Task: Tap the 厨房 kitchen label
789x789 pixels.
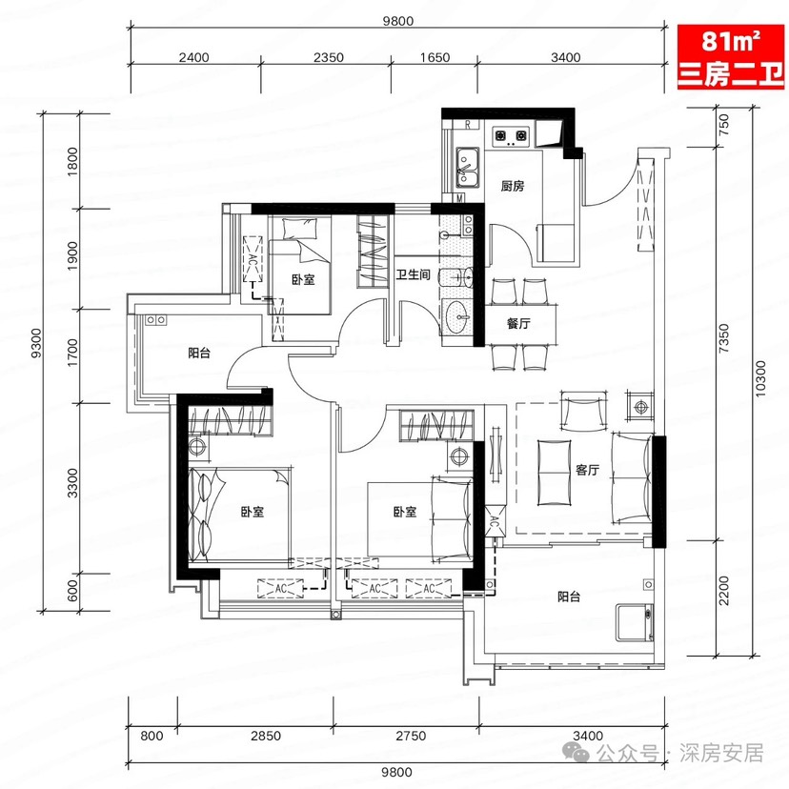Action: pyautogui.click(x=513, y=186)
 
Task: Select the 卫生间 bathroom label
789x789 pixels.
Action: pyautogui.click(x=414, y=274)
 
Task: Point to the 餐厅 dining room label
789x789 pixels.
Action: pyautogui.click(x=518, y=323)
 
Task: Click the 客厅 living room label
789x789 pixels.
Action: pyautogui.click(x=587, y=470)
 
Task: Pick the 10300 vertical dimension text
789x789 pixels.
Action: pyautogui.click(x=760, y=379)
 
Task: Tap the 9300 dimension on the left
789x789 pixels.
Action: pyautogui.click(x=36, y=343)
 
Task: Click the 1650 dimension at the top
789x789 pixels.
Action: pyautogui.click(x=435, y=57)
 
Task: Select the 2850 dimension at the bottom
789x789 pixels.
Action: pyautogui.click(x=266, y=736)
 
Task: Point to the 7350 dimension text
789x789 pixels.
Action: pyautogui.click(x=723, y=337)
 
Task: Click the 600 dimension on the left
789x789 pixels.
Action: pyautogui.click(x=72, y=591)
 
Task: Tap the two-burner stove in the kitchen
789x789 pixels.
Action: pyautogui.click(x=511, y=135)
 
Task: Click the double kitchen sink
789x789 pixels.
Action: pyautogui.click(x=468, y=168)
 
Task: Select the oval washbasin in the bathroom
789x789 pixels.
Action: pyautogui.click(x=458, y=316)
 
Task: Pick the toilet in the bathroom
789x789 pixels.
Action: pyautogui.click(x=455, y=277)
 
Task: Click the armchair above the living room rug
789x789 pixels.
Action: pyautogui.click(x=584, y=411)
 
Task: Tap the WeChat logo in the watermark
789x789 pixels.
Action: pyautogui.click(x=576, y=752)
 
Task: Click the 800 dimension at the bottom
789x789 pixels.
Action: pyautogui.click(x=152, y=736)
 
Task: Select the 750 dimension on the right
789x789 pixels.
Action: pyautogui.click(x=723, y=124)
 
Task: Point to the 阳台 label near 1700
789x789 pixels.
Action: pyautogui.click(x=199, y=353)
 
